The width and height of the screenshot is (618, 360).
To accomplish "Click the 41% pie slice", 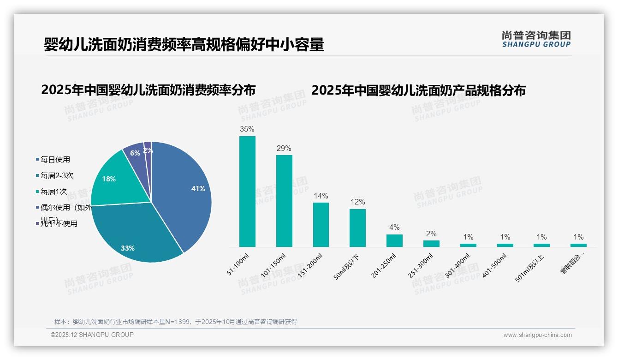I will click(x=184, y=194).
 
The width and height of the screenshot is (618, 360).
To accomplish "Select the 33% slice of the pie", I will click(x=134, y=235).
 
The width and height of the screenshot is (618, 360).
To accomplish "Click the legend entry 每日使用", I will click(x=55, y=160).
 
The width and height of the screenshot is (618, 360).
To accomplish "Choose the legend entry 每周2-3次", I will click(x=57, y=176).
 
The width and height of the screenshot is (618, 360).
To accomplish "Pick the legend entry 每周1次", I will click(x=53, y=192).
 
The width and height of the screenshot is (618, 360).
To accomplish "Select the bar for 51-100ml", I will click(x=247, y=192).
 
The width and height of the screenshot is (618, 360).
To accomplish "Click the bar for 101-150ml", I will click(x=284, y=201).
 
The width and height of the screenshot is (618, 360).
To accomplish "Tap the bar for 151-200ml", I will click(x=321, y=225).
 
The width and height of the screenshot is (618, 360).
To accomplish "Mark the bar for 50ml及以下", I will click(x=357, y=228).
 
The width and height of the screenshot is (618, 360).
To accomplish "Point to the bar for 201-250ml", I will click(x=394, y=240).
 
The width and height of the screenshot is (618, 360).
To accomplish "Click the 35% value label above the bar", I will click(x=247, y=129).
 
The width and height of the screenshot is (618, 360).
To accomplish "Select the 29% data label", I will click(x=284, y=149).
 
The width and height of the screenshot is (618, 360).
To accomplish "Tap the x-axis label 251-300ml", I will click(x=420, y=265).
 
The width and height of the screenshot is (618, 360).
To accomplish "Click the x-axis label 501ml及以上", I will click(x=530, y=268).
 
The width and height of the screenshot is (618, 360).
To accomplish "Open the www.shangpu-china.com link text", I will click(x=537, y=335).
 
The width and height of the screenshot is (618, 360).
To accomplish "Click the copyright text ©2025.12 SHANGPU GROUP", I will click(x=92, y=335).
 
